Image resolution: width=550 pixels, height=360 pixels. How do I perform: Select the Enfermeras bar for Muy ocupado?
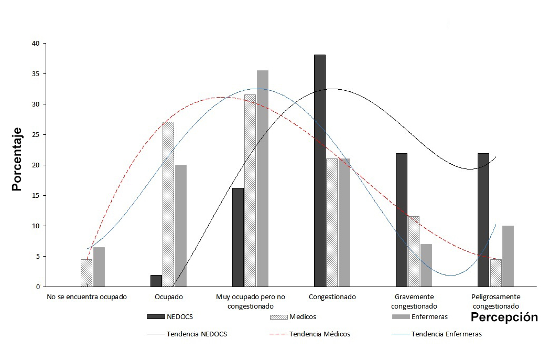[x=262, y=178]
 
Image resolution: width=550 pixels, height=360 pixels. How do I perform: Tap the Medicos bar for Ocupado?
[x=168, y=204]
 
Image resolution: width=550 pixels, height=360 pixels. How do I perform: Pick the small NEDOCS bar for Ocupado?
[x=156, y=281]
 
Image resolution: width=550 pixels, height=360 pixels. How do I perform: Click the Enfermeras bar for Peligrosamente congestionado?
[x=508, y=256]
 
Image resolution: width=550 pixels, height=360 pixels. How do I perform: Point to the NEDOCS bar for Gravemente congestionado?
[x=401, y=220]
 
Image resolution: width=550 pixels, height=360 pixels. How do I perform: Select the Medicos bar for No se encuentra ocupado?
[x=87, y=273]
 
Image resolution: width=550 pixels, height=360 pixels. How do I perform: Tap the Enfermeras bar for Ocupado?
[x=180, y=226]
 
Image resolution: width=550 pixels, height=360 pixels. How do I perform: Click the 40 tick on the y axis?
[x=36, y=44]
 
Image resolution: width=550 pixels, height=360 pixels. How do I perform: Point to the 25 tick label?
[x=36, y=135]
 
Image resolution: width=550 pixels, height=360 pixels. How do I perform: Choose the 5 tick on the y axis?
[x=38, y=257]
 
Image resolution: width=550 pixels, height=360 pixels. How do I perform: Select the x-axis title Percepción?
[x=504, y=317]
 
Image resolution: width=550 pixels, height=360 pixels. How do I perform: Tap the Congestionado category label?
[x=332, y=297]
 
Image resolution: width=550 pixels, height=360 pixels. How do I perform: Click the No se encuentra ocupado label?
[x=87, y=297]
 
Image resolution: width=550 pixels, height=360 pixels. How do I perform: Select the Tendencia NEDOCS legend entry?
[x=196, y=334]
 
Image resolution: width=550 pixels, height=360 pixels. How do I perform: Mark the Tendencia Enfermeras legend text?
[x=446, y=334]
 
